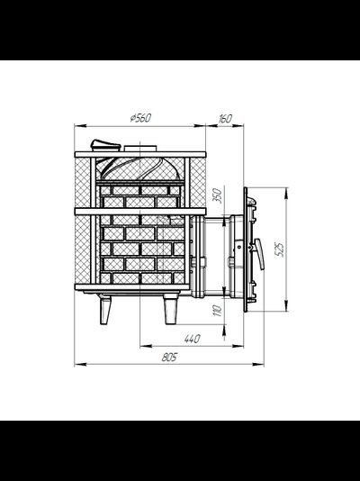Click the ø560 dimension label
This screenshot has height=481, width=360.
click(140, 118)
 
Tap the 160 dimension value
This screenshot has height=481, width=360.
click(225, 118)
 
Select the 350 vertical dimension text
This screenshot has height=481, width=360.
click(217, 195)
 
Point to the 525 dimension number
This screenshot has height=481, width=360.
click(280, 250)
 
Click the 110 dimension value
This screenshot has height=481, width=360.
click(217, 311)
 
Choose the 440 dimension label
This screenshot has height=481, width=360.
click(192, 339)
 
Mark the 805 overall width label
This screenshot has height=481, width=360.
click(169, 357)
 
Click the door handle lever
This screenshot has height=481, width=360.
click(259, 254)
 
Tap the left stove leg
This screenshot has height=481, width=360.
click(104, 309)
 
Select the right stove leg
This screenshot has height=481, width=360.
click(170, 309)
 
